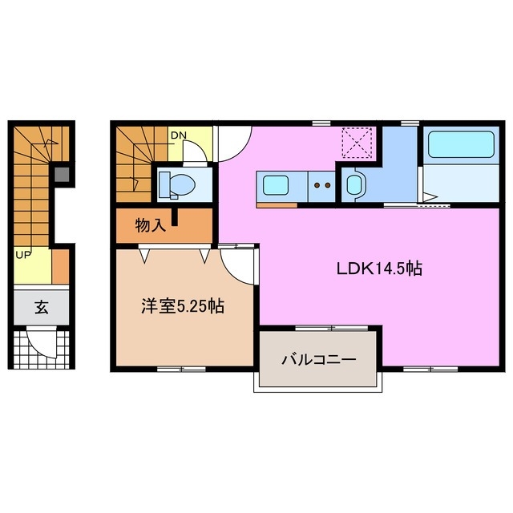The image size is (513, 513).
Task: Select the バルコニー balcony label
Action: (317, 359)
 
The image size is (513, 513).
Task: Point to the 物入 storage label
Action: (150, 225)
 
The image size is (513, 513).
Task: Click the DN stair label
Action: (178, 135)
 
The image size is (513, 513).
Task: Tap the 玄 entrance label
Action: (39, 308)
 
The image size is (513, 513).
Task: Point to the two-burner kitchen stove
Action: (322, 185)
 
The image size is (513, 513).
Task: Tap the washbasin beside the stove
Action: (353, 185)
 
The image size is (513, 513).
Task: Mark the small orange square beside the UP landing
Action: (61, 267)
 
